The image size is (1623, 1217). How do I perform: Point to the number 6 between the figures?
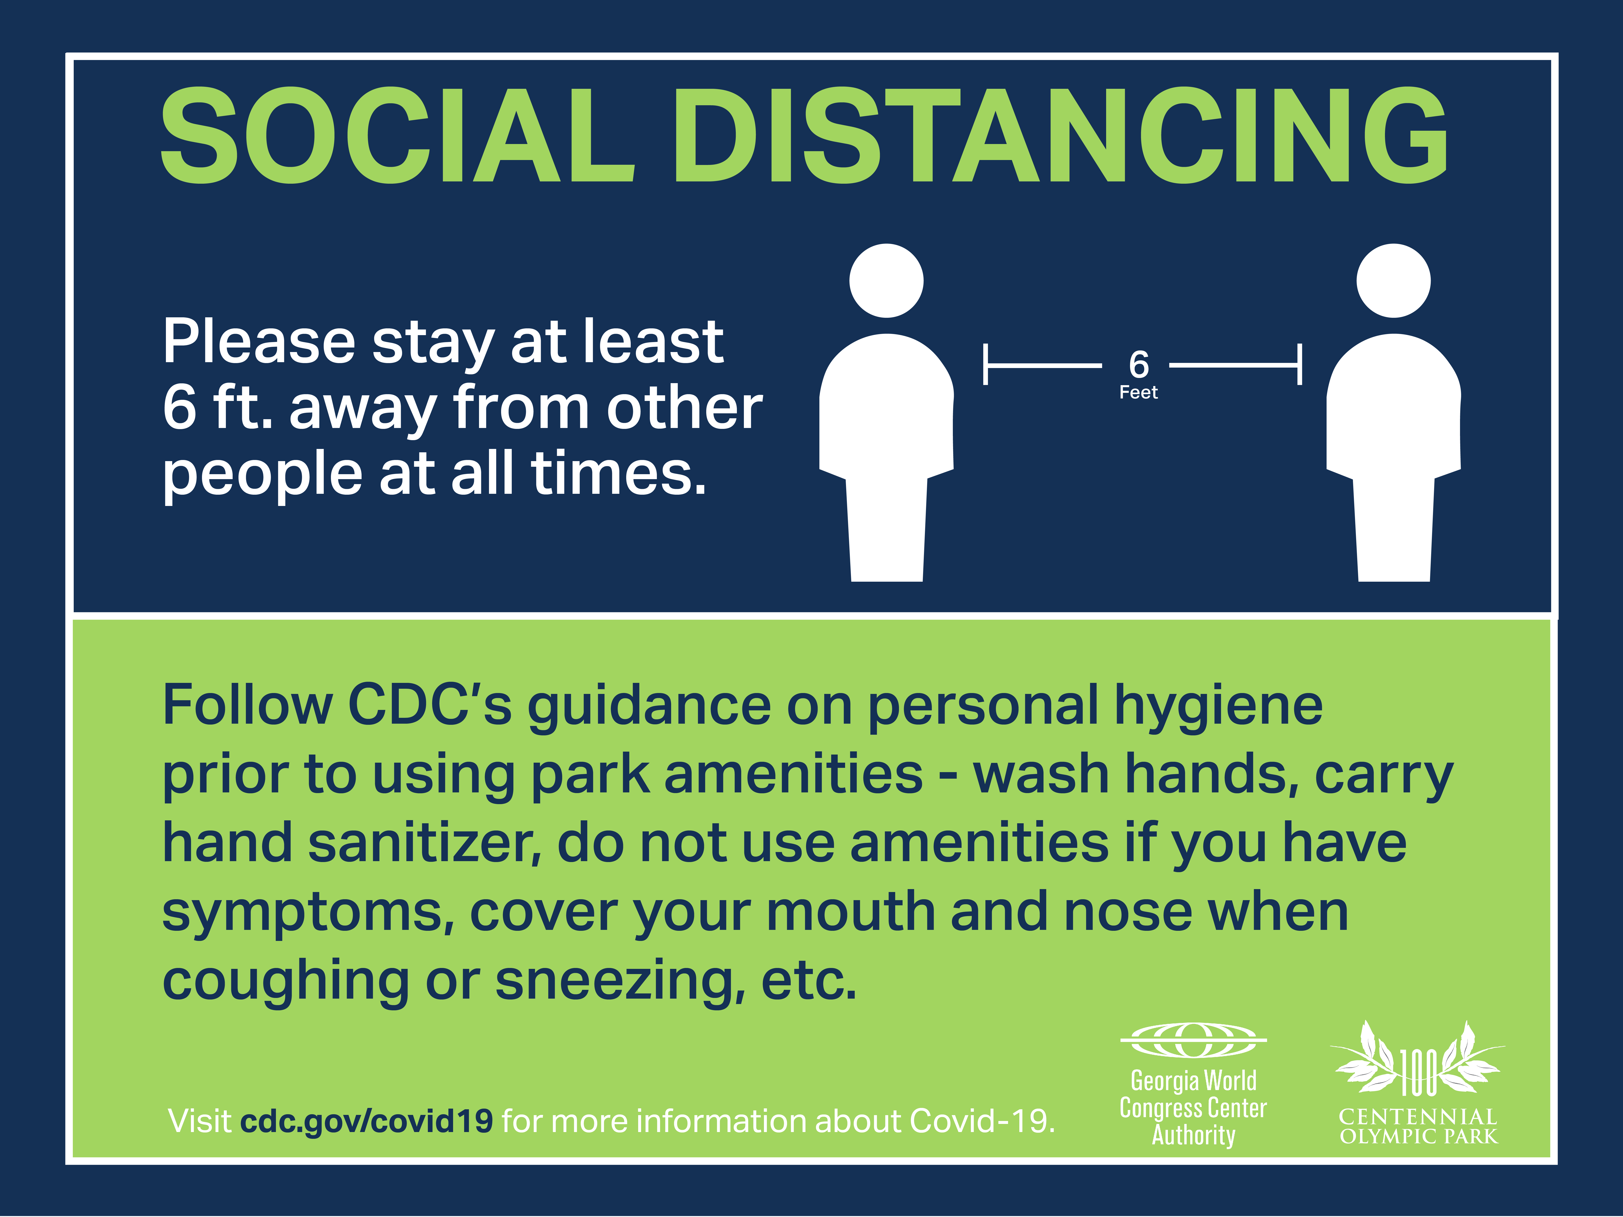click(1139, 364)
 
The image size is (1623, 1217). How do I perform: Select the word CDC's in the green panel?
click(429, 704)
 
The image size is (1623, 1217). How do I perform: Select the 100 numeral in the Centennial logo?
click(1418, 1073)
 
